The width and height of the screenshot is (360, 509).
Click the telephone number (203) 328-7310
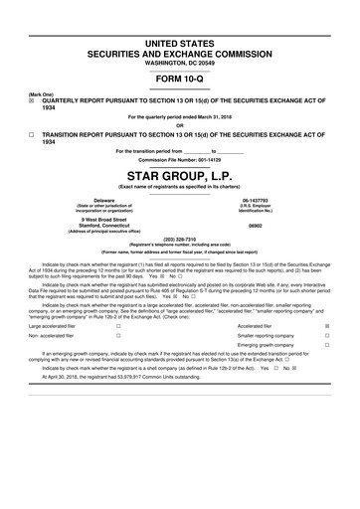(x=180, y=239)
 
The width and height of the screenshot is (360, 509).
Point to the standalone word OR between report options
(x=180, y=124)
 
